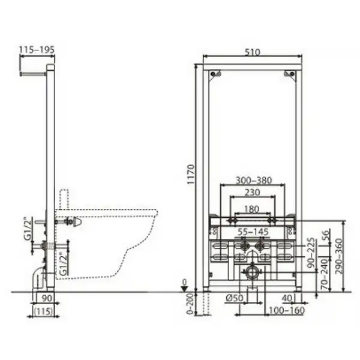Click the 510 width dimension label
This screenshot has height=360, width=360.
point(252,52)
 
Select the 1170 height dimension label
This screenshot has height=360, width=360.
point(191,174)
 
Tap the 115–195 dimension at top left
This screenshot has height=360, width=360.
point(37,50)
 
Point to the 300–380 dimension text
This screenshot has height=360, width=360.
point(254,181)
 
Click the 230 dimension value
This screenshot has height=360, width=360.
point(252,193)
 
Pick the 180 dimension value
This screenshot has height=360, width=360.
point(251,209)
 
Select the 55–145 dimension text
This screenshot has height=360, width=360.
point(253,232)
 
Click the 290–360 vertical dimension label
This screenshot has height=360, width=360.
point(339,256)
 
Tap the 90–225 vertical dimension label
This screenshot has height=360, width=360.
point(311,253)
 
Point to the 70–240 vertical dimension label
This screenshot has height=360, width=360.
point(325,274)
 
